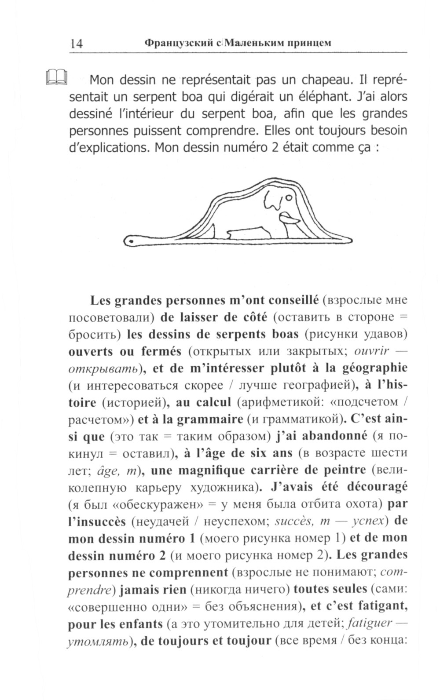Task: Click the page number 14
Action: point(76,43)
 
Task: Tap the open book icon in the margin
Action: point(56,77)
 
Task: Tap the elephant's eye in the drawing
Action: point(288,198)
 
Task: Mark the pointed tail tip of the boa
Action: point(350,240)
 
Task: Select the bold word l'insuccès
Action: point(97,521)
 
